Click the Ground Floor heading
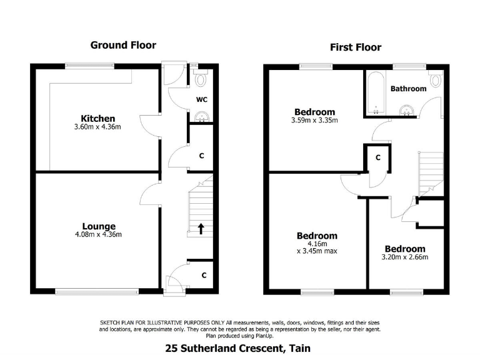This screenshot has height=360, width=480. [x=123, y=45]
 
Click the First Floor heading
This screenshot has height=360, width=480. [x=355, y=47]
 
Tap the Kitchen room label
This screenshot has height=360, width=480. [x=98, y=119]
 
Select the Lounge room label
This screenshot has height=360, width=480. [x=99, y=226]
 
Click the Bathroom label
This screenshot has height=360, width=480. [x=408, y=89]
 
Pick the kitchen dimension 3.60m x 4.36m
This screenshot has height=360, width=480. [x=98, y=127]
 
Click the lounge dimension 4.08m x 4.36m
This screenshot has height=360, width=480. [x=99, y=235]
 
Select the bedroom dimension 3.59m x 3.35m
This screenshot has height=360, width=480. [x=315, y=121]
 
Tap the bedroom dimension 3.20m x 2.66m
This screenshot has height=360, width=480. [x=404, y=257]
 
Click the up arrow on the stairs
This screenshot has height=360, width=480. [x=201, y=228]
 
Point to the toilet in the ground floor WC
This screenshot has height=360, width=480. [x=201, y=79]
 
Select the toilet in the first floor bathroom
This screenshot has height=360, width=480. [x=436, y=80]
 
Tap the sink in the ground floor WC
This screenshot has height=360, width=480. [x=201, y=116]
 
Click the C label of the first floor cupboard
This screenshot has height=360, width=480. [x=377, y=158]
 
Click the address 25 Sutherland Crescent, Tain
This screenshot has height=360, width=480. [x=237, y=348]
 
